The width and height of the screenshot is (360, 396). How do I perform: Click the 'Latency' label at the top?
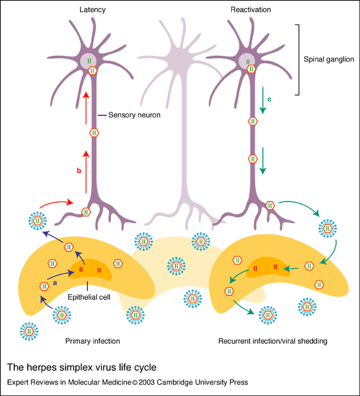pyautogui.click(x=93, y=10)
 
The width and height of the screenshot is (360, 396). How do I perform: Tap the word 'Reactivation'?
pyautogui.click(x=251, y=10)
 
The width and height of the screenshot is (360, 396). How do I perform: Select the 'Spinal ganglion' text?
pyautogui.click(x=329, y=59)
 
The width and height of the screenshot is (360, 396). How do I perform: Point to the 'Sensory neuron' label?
pyautogui.click(x=134, y=115)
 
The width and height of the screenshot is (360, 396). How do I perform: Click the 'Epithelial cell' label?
pyautogui.click(x=89, y=297)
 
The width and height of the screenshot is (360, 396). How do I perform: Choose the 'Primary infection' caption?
pyautogui.click(x=93, y=341)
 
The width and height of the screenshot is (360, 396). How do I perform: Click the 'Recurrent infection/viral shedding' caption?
pyautogui.click(x=272, y=341)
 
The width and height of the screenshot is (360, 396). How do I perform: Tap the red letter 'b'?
pyautogui.click(x=79, y=171)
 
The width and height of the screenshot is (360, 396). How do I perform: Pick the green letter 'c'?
pyautogui.click(x=269, y=99)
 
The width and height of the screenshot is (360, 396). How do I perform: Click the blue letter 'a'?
pyautogui.click(x=55, y=283)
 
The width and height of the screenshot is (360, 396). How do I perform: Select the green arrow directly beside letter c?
pyautogui.click(x=263, y=101)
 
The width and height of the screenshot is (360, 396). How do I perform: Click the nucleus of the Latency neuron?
pyautogui.click(x=89, y=61)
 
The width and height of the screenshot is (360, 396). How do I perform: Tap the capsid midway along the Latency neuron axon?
pyautogui.click(x=94, y=132)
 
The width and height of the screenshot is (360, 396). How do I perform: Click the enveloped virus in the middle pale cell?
pyautogui.click(x=176, y=266)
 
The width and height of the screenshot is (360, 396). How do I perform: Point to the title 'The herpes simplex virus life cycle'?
pyautogui.click(x=82, y=367)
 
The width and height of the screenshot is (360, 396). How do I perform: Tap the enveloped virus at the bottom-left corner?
pyautogui.click(x=29, y=332)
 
